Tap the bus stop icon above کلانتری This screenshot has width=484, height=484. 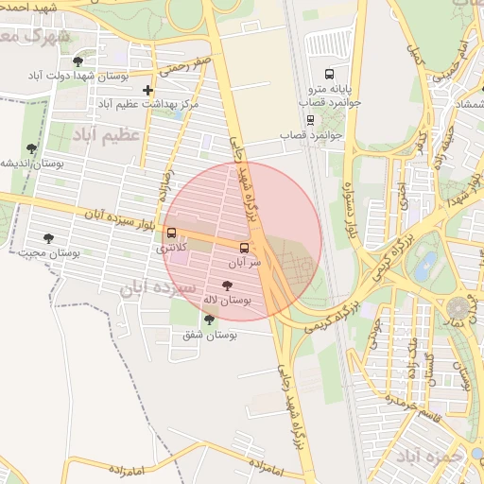click(171, 233)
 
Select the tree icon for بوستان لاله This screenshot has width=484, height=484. click(226, 285)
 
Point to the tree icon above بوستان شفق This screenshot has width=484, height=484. click(209, 320)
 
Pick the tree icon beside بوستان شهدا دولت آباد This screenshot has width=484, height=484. click(78, 61)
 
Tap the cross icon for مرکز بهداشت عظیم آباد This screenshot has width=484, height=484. click(148, 91)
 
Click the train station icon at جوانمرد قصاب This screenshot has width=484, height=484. click(310, 120)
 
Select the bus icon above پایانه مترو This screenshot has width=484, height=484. click(329, 74)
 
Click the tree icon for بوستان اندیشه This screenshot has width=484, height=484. click(32, 148)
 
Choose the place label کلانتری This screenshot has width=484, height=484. click(172, 248)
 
